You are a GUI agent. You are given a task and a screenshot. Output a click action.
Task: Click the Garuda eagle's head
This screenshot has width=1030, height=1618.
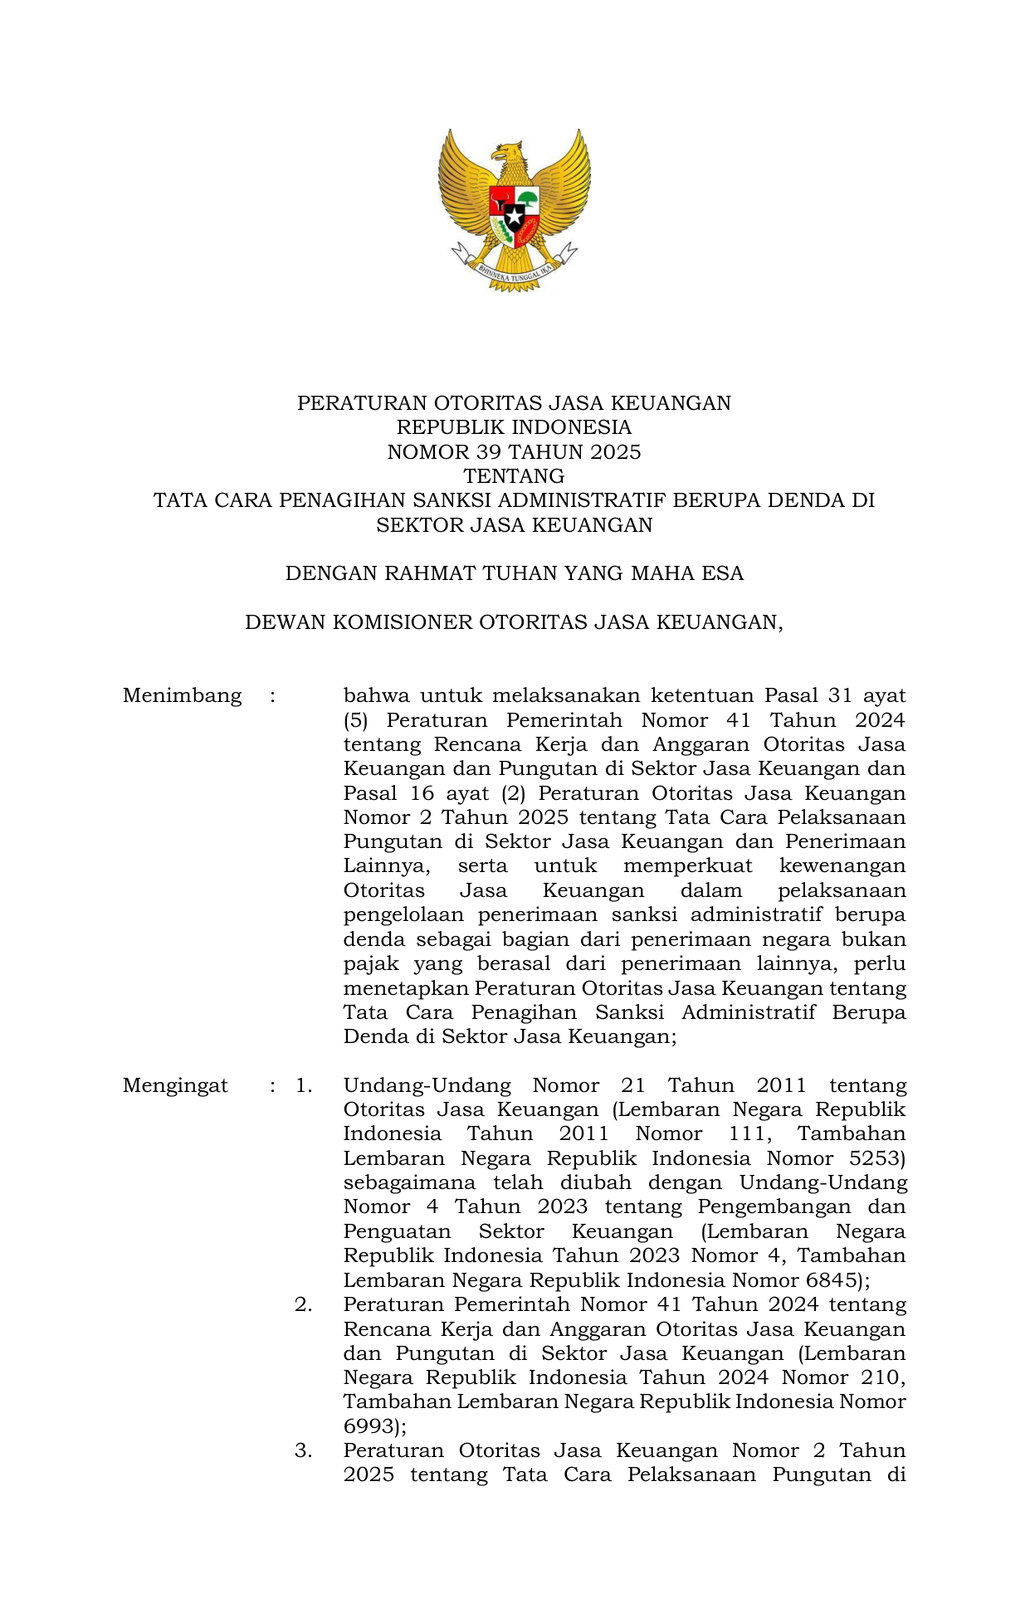[509, 153]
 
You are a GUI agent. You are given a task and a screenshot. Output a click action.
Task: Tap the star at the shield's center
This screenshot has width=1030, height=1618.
[515, 217]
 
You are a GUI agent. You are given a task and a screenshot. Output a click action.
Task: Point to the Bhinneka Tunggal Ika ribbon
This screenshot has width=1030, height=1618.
[515, 270]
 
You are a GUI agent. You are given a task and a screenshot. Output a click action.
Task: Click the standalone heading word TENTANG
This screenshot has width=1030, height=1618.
[515, 476]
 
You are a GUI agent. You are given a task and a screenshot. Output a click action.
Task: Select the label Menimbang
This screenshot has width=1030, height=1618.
[182, 695]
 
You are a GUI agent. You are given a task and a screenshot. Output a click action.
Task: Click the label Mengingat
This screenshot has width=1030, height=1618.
[175, 1085]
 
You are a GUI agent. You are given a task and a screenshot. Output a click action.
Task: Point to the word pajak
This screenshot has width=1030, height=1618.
[371, 964]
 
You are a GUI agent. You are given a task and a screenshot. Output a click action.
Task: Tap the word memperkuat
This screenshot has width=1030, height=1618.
[687, 866]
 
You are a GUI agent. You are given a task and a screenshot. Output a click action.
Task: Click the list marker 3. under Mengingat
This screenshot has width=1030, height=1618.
[304, 1450]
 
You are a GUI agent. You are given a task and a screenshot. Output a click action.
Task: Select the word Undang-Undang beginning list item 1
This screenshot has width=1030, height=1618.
[426, 1085]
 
